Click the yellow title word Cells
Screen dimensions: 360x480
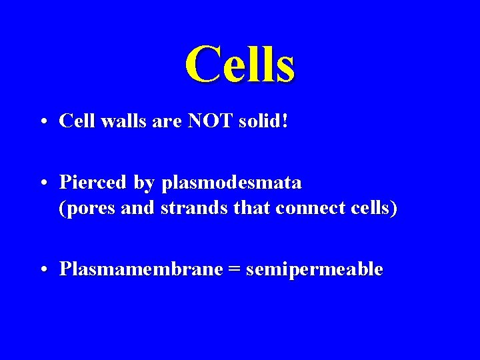point(239,64)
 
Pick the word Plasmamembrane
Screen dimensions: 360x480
point(141,269)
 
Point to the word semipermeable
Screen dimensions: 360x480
point(314,270)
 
